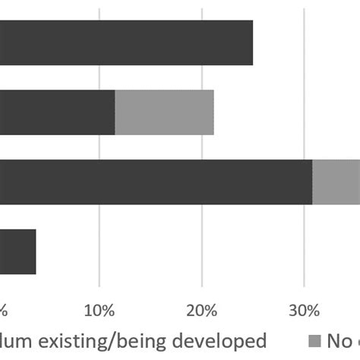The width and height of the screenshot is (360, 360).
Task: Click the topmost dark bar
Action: [125, 43]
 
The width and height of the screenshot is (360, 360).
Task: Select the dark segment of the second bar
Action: [57, 112]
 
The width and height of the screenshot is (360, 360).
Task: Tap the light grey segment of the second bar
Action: [164, 112]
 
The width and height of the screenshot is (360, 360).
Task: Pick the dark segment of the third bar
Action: [156, 182]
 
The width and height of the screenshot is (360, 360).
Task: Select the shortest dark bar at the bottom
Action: [17, 251]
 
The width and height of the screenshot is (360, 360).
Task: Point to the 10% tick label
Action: [99, 310]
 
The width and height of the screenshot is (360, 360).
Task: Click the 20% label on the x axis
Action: [201, 310]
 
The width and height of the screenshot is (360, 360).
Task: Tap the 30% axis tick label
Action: [304, 310]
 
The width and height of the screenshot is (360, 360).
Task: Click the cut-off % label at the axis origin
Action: [3, 310]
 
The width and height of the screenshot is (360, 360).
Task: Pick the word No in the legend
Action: [339, 339]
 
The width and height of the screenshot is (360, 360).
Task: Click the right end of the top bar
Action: [252, 43]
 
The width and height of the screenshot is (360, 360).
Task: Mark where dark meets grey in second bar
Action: [115, 112]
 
